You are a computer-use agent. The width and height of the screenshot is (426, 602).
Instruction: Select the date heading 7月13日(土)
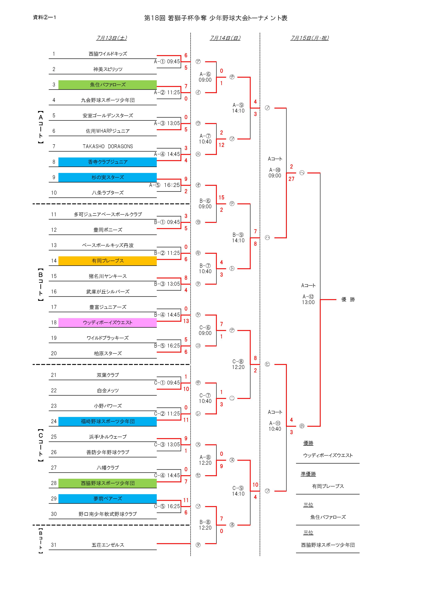click(x=112, y=38)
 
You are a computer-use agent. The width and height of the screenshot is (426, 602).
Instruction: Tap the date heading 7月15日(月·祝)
click(x=309, y=38)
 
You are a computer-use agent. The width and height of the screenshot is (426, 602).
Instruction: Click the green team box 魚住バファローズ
click(x=107, y=85)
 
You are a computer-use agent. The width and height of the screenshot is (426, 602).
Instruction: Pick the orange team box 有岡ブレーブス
click(x=107, y=261)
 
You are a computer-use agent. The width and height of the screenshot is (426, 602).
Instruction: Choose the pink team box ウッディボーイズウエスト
click(x=107, y=322)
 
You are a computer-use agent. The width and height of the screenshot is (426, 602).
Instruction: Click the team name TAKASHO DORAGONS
click(x=108, y=147)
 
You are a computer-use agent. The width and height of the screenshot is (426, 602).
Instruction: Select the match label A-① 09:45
click(x=167, y=62)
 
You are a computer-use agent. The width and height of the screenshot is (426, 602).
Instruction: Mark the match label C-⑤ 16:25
click(x=167, y=506)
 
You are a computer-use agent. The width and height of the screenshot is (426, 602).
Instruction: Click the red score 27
click(x=291, y=179)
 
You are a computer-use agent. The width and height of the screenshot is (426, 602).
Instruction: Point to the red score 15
click(x=221, y=197)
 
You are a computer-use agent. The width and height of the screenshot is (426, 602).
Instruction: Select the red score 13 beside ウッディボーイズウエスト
click(x=186, y=321)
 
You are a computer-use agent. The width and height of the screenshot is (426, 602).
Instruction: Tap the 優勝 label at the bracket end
click(x=348, y=299)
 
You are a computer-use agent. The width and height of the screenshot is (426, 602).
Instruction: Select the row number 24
click(x=54, y=421)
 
